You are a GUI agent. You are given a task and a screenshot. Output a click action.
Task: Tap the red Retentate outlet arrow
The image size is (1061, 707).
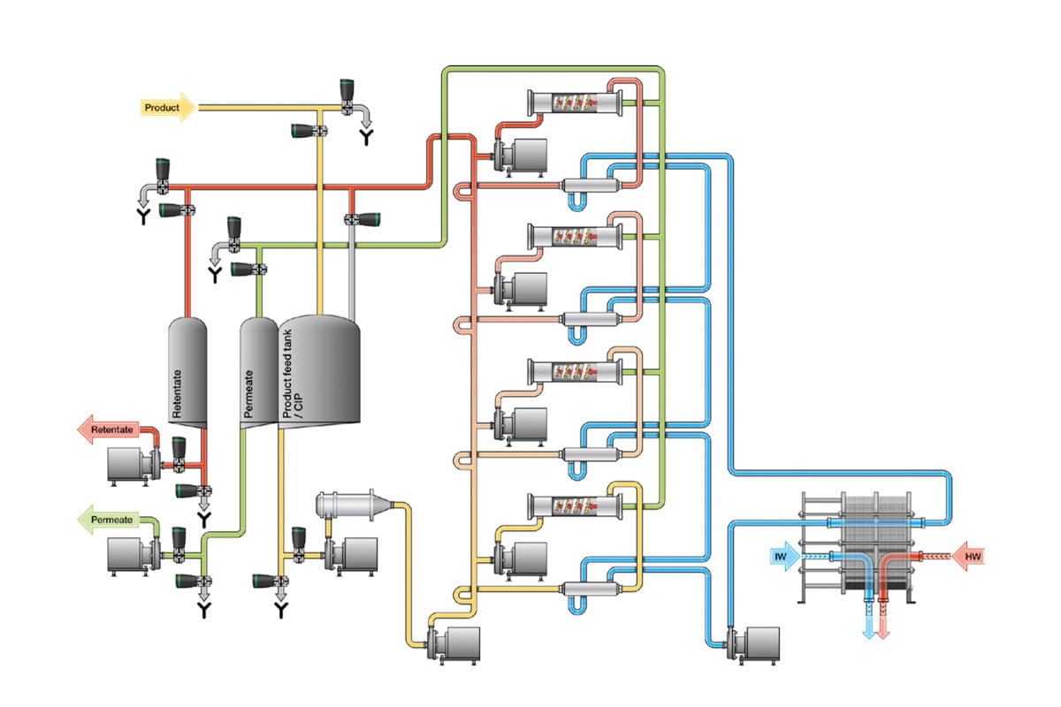point(110,430)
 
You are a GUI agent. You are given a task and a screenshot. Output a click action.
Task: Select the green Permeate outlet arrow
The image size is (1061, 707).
point(110,520)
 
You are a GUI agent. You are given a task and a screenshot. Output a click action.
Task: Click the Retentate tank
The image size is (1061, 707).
point(187,371)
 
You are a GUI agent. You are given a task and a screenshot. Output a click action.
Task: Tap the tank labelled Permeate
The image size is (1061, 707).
point(257,371)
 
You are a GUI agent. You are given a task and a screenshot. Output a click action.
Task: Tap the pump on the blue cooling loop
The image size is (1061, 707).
point(758,642)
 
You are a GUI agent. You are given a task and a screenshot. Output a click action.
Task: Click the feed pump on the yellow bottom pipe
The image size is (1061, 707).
point(456,642)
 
